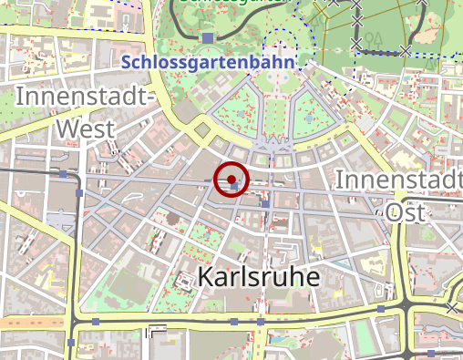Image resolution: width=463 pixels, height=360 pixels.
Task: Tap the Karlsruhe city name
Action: click(258, 277)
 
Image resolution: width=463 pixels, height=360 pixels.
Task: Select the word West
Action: click(86, 128)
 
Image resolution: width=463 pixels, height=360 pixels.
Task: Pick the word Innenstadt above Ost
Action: click(397, 180)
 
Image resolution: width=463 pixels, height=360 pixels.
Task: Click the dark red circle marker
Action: click(231, 179)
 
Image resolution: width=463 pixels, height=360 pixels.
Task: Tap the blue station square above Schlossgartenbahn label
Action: click(209, 37)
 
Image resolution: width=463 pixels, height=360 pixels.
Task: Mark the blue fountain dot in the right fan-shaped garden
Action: click(310, 118)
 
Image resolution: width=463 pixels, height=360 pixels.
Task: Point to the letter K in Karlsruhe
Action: click(205, 277)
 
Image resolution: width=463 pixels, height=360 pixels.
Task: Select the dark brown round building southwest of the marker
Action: click(170, 218)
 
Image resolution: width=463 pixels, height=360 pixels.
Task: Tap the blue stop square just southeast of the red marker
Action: click(265, 204)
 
